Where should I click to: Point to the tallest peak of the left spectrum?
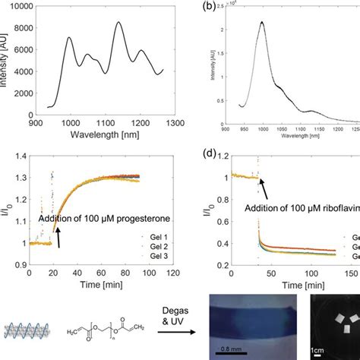coord(118,23)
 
